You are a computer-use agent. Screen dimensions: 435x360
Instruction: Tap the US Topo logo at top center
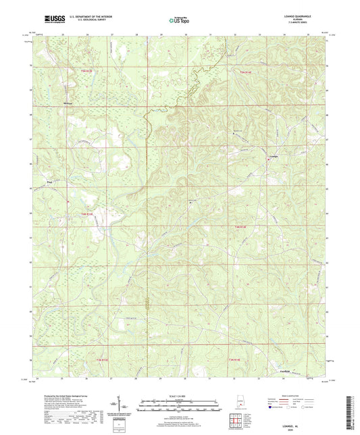(179, 22)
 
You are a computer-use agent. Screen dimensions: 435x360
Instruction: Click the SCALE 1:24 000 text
(179, 395)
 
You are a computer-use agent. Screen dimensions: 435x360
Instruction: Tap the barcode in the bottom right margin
(352, 409)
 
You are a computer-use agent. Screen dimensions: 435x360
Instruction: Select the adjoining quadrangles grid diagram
(237, 419)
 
